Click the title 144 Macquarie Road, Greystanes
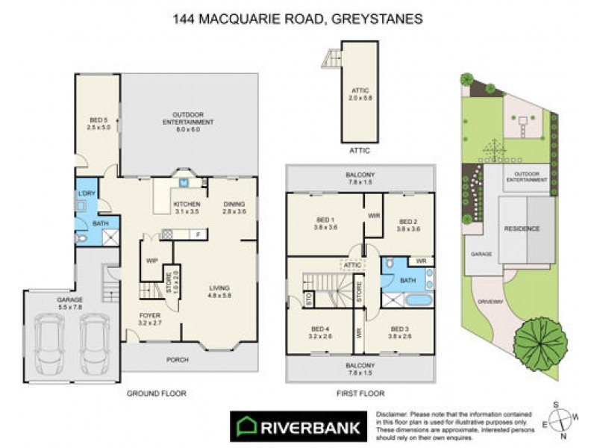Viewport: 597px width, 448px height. (297, 17)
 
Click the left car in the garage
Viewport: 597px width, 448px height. (49, 339)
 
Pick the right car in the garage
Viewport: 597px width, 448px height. (95, 339)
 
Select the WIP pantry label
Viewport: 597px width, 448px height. (151, 261)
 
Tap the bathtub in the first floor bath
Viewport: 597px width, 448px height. (409, 301)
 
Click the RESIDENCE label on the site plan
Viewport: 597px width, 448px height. (522, 228)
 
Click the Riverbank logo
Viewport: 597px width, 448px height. (297, 427)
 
